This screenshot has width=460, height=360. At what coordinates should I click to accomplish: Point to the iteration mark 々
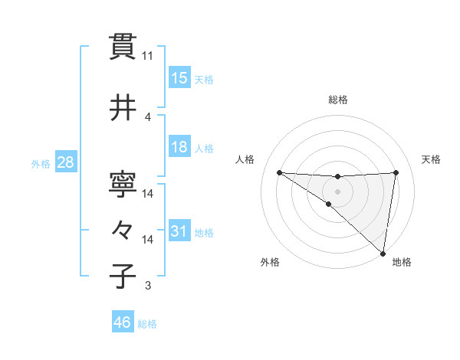coord(123,229)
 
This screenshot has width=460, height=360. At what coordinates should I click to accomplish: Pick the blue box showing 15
coord(179,78)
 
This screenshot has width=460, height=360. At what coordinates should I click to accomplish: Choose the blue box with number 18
coord(179,147)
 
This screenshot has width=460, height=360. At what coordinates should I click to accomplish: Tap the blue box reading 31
coord(179,231)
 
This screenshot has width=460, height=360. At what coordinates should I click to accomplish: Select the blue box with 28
coord(65,162)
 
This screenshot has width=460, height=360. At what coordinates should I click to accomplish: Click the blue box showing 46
coord(123,322)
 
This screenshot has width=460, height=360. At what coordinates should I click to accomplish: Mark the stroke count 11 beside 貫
coord(148,56)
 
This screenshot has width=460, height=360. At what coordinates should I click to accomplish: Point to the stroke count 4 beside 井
coord(148,117)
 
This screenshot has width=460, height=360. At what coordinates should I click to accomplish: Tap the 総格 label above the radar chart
coord(338,100)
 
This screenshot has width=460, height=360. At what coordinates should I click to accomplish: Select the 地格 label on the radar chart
coord(402,262)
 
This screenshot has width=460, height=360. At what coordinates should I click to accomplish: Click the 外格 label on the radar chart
coord(270,262)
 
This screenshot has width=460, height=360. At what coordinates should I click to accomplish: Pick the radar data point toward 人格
coord(279,172)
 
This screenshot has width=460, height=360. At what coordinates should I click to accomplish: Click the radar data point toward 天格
coord(396,172)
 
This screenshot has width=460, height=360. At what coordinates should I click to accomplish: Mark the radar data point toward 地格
coord(383,253)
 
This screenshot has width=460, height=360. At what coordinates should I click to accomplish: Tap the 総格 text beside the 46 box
coord(147,324)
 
